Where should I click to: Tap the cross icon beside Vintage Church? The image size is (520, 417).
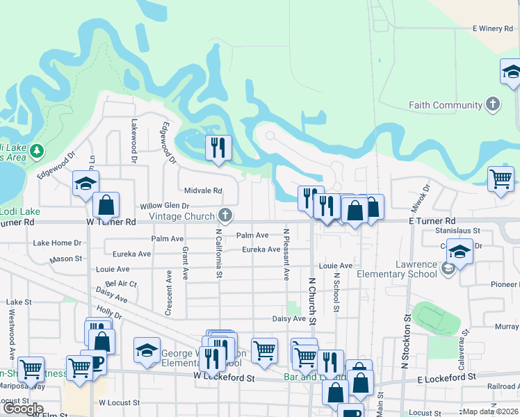(225, 214)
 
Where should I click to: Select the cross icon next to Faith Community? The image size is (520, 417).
(492, 105)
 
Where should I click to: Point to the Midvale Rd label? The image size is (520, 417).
(203, 190)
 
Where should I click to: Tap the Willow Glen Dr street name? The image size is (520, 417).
(165, 206)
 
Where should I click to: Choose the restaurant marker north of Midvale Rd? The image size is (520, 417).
(218, 147)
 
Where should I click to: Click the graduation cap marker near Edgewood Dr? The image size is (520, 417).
(86, 183)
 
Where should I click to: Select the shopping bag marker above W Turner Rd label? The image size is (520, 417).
(106, 205)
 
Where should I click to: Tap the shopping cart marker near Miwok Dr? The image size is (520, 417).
(501, 179)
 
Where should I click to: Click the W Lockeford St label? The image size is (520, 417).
(224, 379)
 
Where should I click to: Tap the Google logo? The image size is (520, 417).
(22, 409)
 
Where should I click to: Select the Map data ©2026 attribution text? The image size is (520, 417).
(490, 411)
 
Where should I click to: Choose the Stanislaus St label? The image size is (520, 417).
(457, 230)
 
